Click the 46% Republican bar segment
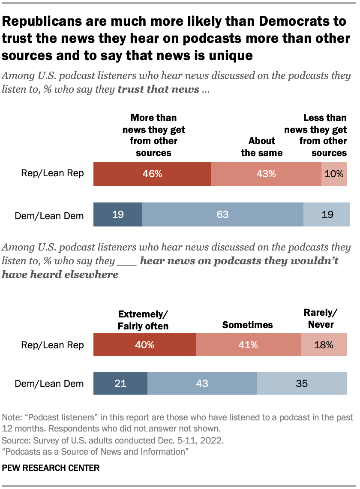[x=152, y=174]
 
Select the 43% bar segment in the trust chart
[x=266, y=174]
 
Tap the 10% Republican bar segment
[x=334, y=174]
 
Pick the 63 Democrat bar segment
[x=222, y=214]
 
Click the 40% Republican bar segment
[x=144, y=345]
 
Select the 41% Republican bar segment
[x=248, y=345]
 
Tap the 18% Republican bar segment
[x=324, y=345]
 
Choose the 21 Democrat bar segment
[x=120, y=383]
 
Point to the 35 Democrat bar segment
[x=302, y=383]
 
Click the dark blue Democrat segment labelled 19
[x=118, y=214]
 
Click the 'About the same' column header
[x=261, y=147]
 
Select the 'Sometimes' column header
[x=247, y=325]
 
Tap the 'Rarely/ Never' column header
[x=321, y=319]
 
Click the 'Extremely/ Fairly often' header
[x=143, y=320]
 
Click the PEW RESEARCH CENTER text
[x=51, y=468]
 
